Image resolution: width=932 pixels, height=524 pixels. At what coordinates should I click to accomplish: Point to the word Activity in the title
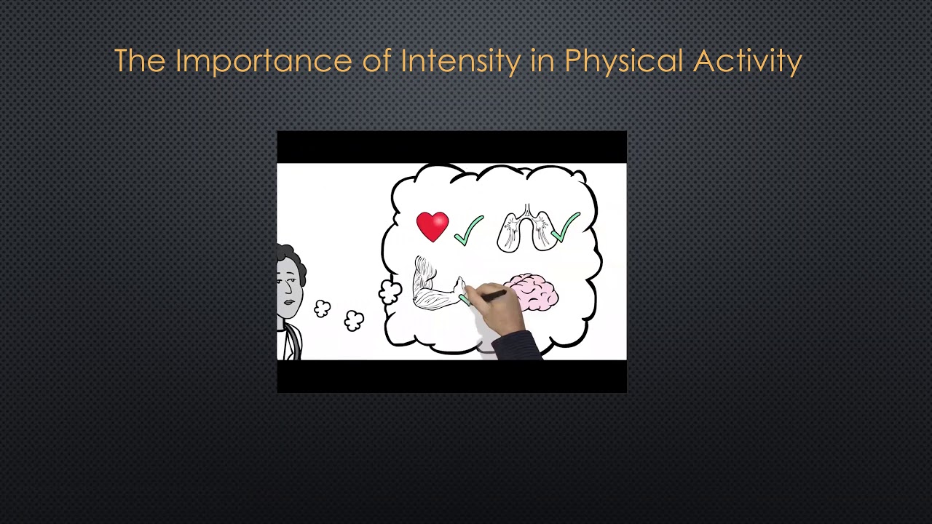click(747, 62)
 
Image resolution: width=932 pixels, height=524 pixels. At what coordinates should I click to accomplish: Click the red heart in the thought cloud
click(433, 226)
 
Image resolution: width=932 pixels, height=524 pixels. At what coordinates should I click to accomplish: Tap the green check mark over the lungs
click(566, 226)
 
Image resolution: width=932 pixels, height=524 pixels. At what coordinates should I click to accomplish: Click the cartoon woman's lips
click(289, 302)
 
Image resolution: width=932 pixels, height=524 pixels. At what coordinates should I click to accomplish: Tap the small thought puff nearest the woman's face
click(323, 309)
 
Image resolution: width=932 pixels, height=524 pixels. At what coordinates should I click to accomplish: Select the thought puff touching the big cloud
click(390, 293)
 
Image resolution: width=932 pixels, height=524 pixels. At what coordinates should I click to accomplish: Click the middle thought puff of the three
click(354, 320)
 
